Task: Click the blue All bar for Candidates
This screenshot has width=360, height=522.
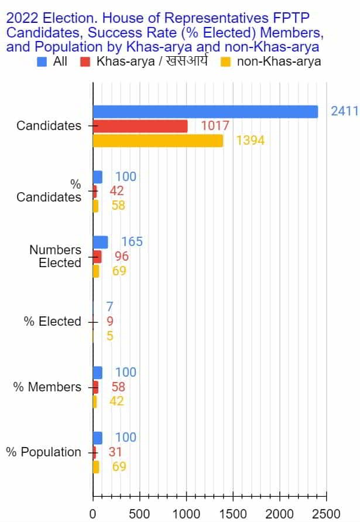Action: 205,111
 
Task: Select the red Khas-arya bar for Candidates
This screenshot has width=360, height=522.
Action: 140,126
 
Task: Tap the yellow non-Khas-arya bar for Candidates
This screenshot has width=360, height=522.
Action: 157,141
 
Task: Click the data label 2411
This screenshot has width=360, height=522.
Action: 344,111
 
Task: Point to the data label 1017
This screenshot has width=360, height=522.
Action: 215,126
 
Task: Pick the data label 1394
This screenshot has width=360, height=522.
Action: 250,141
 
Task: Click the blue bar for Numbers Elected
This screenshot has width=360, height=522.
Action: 100,242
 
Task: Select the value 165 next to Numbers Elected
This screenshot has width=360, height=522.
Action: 132,242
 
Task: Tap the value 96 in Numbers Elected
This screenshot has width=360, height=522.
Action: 122,257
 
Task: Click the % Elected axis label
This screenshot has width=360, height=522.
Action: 52,322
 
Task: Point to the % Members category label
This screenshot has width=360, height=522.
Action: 47,387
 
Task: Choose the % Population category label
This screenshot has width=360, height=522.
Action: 43,452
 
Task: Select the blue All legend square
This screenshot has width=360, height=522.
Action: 42,61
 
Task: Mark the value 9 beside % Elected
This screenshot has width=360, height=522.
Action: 110,322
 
